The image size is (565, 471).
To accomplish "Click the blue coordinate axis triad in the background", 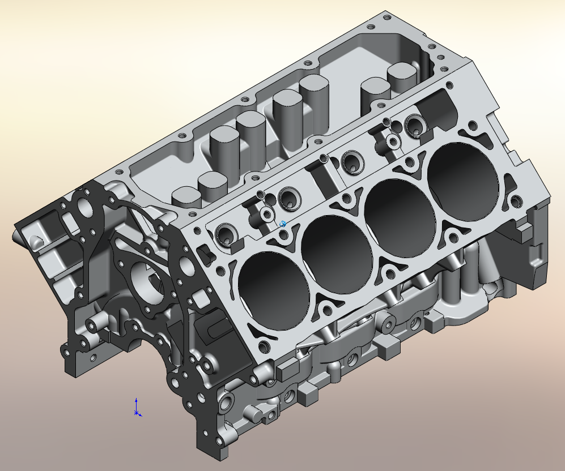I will coord(136,409).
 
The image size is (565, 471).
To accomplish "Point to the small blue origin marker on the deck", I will coord(283,224).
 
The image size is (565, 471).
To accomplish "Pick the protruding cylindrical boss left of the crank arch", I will coord(93,326).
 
